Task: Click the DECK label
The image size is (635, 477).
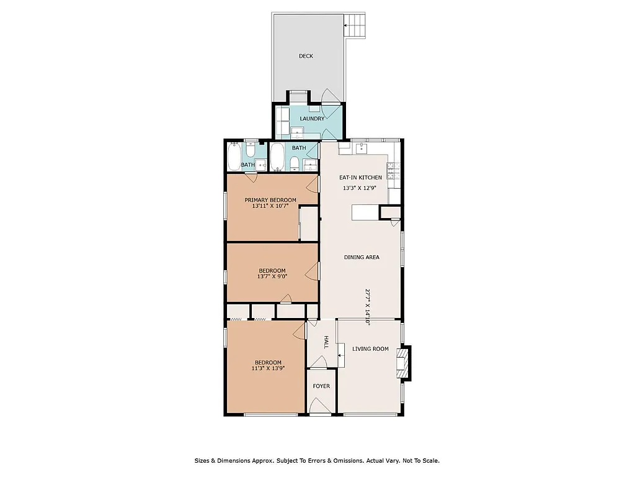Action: (306, 56)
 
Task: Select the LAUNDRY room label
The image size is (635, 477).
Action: (312, 119)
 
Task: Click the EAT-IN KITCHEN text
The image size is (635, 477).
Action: (360, 178)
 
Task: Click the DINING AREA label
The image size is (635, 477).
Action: (362, 257)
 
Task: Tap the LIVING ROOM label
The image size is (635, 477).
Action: (370, 349)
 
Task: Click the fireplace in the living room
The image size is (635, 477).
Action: (404, 363)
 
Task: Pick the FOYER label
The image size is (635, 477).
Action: (321, 386)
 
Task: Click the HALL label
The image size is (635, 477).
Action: (326, 342)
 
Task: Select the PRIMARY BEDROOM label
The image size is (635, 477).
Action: (270, 200)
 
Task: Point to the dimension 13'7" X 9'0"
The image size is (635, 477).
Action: (272, 277)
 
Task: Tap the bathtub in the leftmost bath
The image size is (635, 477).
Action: (234, 157)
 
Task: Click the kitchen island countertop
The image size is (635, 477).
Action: (365, 213)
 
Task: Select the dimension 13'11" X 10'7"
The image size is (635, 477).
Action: (270, 206)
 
